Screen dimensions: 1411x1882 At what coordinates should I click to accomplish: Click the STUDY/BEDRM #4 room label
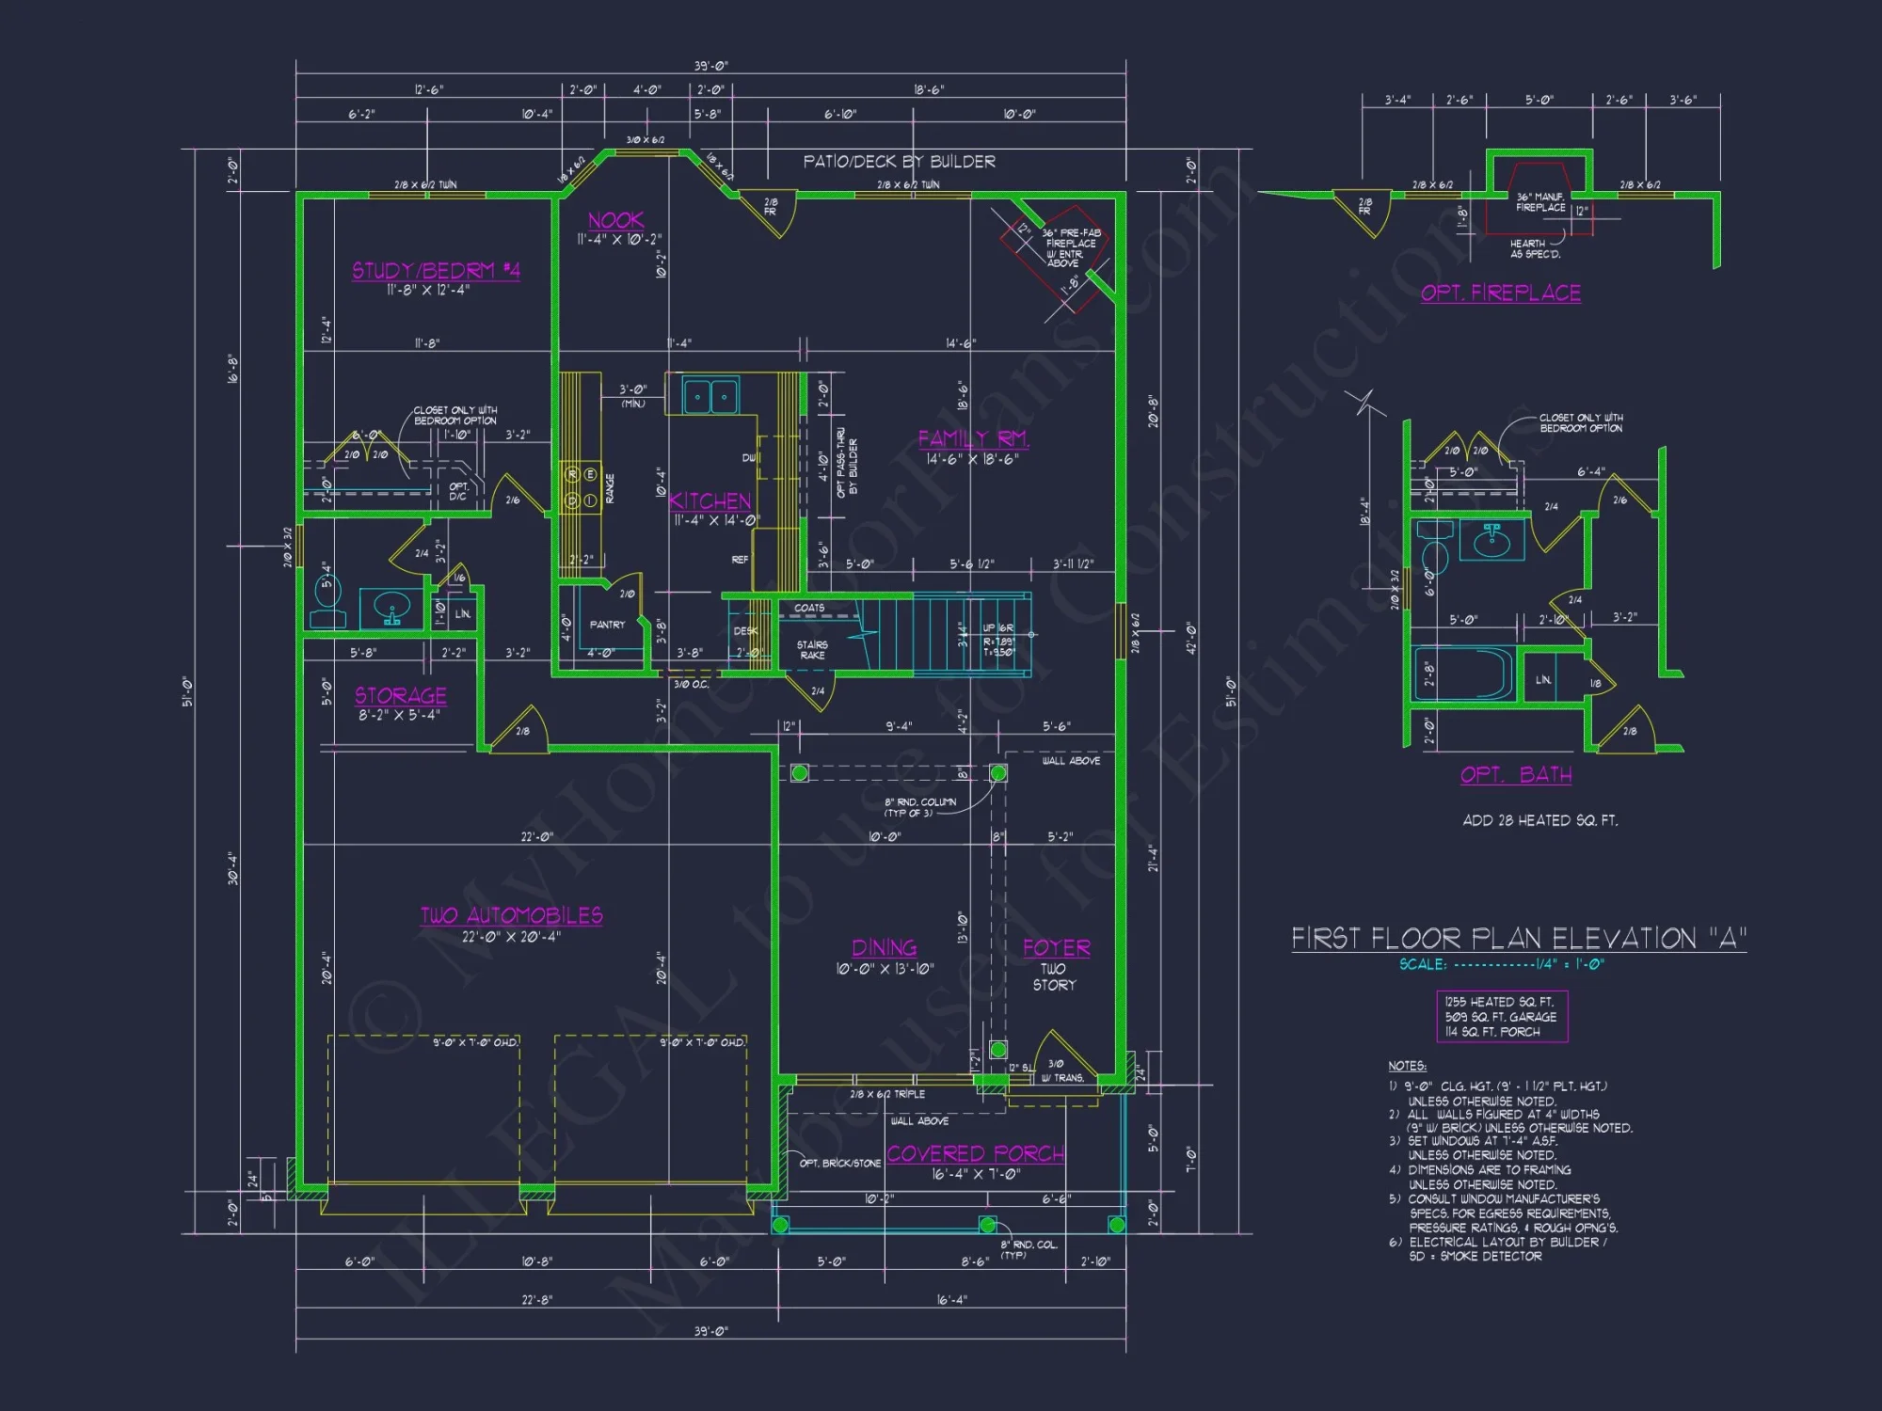click(x=436, y=271)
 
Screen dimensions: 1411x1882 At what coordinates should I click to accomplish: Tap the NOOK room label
click(x=615, y=220)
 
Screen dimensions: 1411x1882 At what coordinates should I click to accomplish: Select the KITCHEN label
click(x=710, y=500)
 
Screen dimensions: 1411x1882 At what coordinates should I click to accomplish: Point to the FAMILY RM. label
click(x=973, y=438)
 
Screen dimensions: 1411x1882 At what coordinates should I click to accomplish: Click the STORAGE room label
click(x=400, y=695)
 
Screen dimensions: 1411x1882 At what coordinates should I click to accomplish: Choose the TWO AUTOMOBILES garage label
click(x=511, y=915)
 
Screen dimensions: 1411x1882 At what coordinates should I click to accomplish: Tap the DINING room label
click(x=884, y=947)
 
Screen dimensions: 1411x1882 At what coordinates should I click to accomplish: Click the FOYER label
click(x=1056, y=947)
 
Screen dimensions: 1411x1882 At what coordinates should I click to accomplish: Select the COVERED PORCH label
click(x=975, y=1153)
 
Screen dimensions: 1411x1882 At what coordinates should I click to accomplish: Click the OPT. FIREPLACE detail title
click(x=1500, y=293)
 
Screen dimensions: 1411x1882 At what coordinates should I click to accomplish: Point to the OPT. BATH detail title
click(x=1515, y=774)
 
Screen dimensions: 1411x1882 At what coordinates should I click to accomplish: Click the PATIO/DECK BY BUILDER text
click(x=899, y=162)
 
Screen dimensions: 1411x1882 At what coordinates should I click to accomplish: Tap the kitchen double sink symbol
click(x=710, y=396)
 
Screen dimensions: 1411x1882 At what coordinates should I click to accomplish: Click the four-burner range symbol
click(x=581, y=487)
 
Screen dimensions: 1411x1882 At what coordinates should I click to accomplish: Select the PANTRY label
click(x=607, y=625)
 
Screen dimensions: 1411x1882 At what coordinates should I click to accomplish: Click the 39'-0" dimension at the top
click(x=710, y=66)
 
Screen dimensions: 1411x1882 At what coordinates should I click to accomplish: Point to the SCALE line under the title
click(x=1501, y=964)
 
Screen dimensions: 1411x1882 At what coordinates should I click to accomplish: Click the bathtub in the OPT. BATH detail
click(x=1462, y=673)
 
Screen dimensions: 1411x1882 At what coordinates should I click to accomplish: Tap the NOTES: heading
click(x=1407, y=1066)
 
